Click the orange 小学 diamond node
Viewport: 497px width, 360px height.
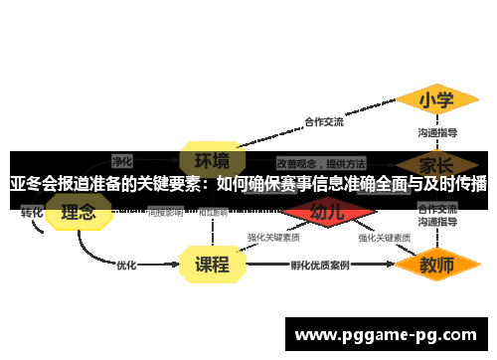[x=436, y=100]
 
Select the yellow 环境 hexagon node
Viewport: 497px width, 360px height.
[x=212, y=160]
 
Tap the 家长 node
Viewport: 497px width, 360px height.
[x=437, y=162]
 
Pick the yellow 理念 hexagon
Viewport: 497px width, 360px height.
[x=79, y=212]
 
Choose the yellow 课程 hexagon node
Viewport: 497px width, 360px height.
[x=212, y=265]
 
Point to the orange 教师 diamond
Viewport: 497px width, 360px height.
[x=437, y=266]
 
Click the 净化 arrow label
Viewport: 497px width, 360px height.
[x=122, y=159]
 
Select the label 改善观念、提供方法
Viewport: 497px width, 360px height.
[x=321, y=162]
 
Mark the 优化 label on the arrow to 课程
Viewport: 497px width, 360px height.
[x=127, y=266]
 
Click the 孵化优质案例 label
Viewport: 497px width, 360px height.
[x=320, y=266]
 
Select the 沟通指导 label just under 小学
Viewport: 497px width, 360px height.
[x=437, y=132]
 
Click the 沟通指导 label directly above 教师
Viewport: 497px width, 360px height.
[x=437, y=224]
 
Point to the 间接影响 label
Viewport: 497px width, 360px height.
[x=165, y=212]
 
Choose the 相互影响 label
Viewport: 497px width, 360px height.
[x=213, y=212]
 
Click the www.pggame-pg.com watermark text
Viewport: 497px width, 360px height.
[x=387, y=335]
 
